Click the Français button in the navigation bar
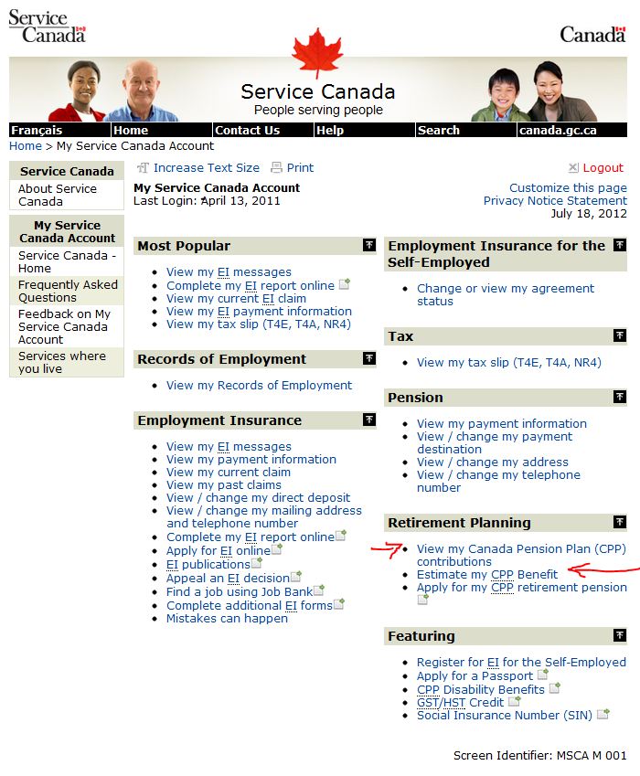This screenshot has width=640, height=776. [x=37, y=130]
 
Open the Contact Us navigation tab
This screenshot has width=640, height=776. [x=247, y=130]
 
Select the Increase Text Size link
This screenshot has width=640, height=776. [x=206, y=168]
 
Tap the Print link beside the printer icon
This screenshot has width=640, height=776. [x=300, y=168]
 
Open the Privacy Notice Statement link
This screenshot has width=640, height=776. [x=555, y=200]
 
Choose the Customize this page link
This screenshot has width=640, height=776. [x=568, y=187]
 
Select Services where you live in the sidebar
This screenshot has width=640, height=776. [x=62, y=362]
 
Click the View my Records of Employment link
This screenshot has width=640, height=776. [x=259, y=386]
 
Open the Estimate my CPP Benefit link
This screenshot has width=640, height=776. [x=486, y=575]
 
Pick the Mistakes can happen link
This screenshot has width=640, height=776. [x=227, y=619]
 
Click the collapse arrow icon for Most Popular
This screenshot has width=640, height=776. [x=369, y=245]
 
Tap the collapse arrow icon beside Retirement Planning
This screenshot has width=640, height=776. [x=620, y=522]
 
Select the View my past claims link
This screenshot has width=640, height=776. [x=223, y=485]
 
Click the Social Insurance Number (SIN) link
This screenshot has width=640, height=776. [x=504, y=715]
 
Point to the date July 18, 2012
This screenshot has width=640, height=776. [x=589, y=213]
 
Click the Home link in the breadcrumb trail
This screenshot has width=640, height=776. [x=26, y=145]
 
